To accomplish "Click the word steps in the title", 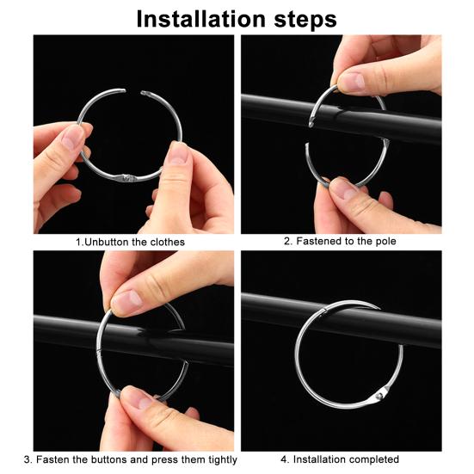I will point(300,18).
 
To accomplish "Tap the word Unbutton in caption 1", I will point(107,243).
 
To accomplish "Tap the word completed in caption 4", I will point(372,459).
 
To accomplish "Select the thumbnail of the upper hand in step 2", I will point(351,81).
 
